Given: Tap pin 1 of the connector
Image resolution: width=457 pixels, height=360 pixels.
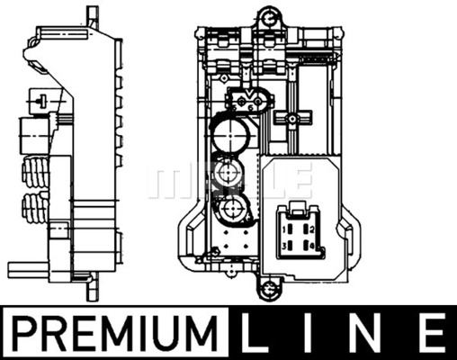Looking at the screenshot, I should (x=287, y=229).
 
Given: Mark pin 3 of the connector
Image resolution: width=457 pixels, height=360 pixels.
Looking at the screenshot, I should (x=287, y=245).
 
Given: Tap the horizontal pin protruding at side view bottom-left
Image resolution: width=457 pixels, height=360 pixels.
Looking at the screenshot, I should (x=27, y=267).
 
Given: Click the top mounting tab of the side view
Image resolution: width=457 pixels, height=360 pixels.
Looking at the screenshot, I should (x=92, y=15).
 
